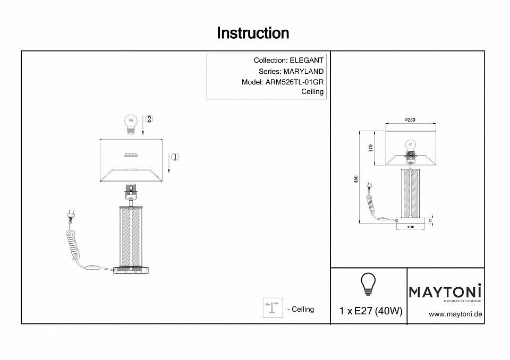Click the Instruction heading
pyautogui.click(x=253, y=33)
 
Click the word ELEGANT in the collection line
pyautogui.click(x=306, y=61)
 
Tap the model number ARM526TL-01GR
pyautogui.click(x=295, y=82)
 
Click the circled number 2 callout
pyautogui.click(x=149, y=119)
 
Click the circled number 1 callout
pyautogui.click(x=175, y=157)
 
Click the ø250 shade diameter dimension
pyautogui.click(x=410, y=120)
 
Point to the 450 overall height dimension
pyautogui.click(x=356, y=179)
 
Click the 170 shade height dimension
pyautogui.click(x=371, y=148)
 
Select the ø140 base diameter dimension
pyautogui.click(x=410, y=227)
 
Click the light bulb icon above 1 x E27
pyautogui.click(x=368, y=284)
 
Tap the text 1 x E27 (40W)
pyautogui.click(x=370, y=311)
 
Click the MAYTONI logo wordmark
pyautogui.click(x=445, y=292)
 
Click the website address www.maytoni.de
pyautogui.click(x=455, y=314)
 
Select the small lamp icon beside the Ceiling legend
pyautogui.click(x=273, y=308)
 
